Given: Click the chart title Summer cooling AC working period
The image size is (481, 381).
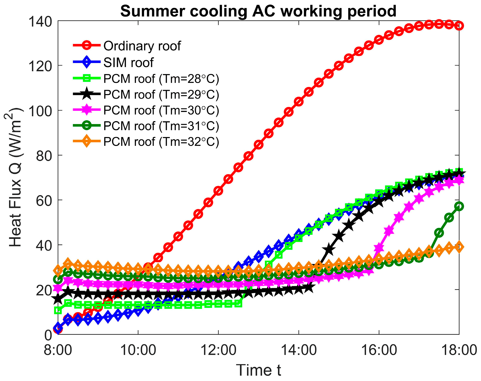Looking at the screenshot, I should pyautogui.click(x=258, y=11).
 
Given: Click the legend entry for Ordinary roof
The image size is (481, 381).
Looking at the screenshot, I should pyautogui.click(x=142, y=46).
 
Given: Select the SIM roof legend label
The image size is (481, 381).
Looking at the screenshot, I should pyautogui.click(x=128, y=62).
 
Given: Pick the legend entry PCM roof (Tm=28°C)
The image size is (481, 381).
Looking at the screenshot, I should pyautogui.click(x=161, y=79).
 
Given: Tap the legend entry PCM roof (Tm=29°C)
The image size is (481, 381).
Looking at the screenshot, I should pyautogui.click(x=161, y=94).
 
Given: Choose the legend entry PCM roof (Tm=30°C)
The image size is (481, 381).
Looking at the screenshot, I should pyautogui.click(x=161, y=110).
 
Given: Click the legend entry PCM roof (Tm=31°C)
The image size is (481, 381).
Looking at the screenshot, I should pyautogui.click(x=161, y=126).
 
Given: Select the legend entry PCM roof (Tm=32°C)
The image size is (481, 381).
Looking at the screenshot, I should pyautogui.click(x=161, y=142).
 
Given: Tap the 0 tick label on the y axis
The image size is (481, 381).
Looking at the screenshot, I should pyautogui.click(x=48, y=335).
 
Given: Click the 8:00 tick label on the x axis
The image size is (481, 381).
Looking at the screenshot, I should pyautogui.click(x=58, y=350).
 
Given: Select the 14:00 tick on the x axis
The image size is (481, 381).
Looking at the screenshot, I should pyautogui.click(x=299, y=350).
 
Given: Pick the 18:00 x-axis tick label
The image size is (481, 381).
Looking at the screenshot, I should pyautogui.click(x=459, y=350).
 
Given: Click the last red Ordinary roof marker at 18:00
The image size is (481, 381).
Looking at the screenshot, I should pyautogui.click(x=459, y=26).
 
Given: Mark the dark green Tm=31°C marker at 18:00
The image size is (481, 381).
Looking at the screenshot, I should pyautogui.click(x=459, y=206).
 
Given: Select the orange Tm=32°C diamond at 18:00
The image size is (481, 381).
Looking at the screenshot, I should pyautogui.click(x=459, y=247).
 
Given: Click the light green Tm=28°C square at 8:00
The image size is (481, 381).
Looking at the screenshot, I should pyautogui.click(x=58, y=310).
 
